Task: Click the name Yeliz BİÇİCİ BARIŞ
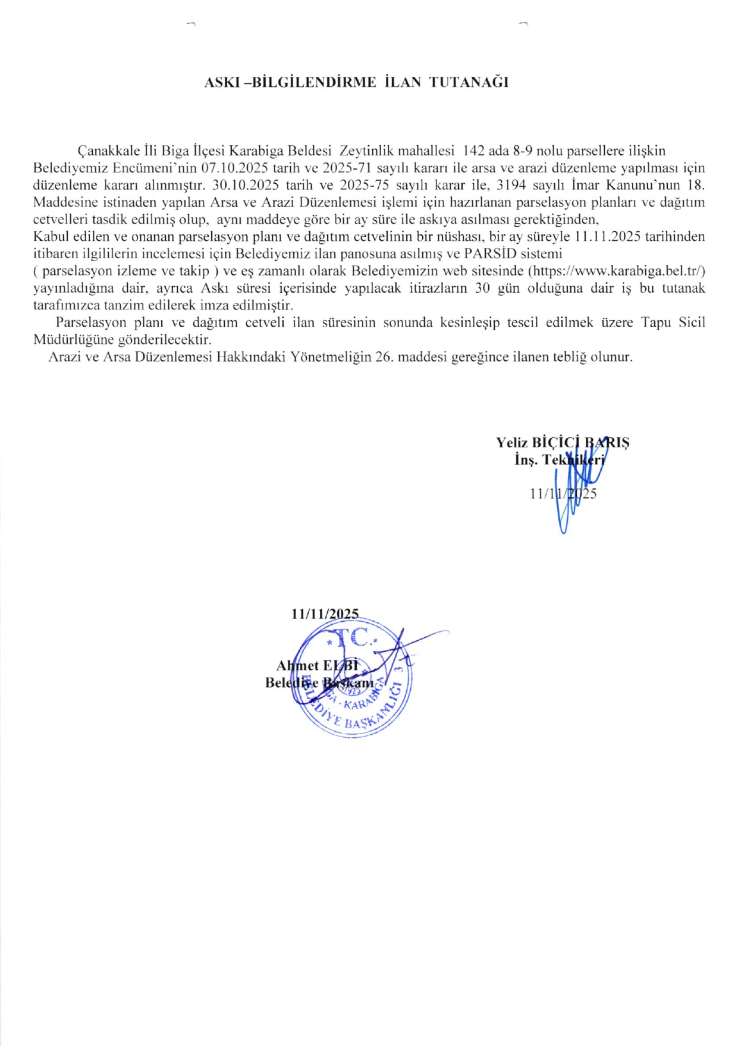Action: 563,442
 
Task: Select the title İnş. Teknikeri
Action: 560,459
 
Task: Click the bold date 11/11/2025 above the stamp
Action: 325,613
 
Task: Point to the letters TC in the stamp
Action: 352,638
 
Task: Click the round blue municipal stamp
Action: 354,681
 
